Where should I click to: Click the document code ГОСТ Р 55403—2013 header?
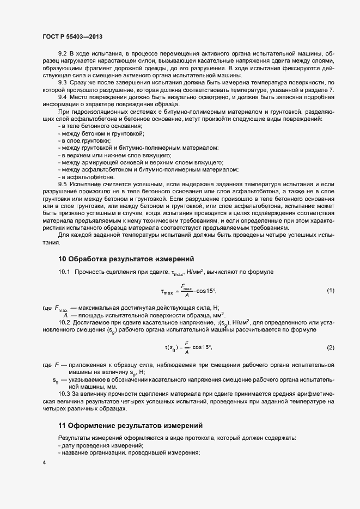[x=72, y=36]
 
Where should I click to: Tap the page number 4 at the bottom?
[x=44, y=463]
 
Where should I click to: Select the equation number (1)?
[x=330, y=291]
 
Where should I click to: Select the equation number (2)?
[x=330, y=347]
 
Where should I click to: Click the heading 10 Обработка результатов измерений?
[x=126, y=258]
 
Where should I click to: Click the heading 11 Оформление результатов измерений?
[x=130, y=425]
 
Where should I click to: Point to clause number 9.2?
[x=62, y=54]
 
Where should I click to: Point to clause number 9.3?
[x=62, y=82]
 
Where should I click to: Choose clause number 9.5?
[x=62, y=185]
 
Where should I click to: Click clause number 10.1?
[x=64, y=271]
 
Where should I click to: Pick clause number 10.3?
[x=64, y=394]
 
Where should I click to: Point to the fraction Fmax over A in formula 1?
[x=187, y=291]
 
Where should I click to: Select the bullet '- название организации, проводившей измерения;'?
[x=129, y=453]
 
